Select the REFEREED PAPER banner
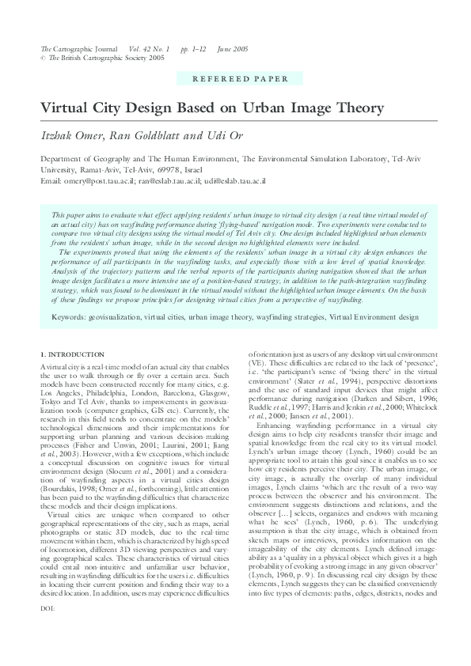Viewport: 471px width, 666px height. (x=234, y=80)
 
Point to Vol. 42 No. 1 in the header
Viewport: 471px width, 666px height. (x=147, y=49)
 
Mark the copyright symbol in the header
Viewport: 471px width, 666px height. (x=43, y=58)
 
